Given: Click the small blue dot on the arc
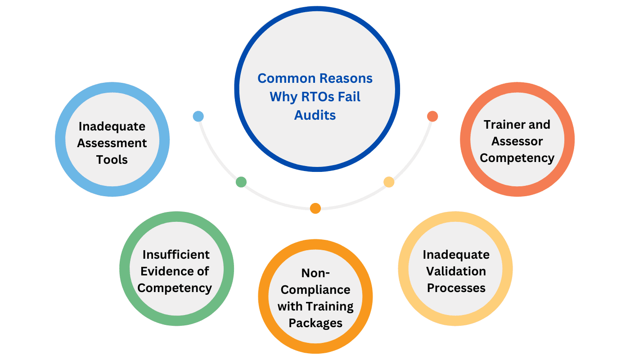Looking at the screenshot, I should (x=198, y=117).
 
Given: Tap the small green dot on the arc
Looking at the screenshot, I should (x=241, y=182).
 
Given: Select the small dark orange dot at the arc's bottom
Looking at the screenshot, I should (x=315, y=208).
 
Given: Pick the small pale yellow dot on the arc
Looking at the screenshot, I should (x=389, y=182).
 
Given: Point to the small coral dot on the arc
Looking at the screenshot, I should (x=432, y=117).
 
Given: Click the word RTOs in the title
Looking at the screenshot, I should (x=321, y=97).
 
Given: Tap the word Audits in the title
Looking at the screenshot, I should (x=315, y=115).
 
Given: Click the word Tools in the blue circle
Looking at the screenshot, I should (x=112, y=160).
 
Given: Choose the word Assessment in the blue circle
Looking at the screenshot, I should (x=112, y=143).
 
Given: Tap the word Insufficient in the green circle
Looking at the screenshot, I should (x=176, y=255).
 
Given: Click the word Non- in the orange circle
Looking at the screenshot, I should (x=315, y=273).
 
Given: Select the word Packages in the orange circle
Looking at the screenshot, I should (x=315, y=323).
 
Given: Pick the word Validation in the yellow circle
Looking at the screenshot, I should (x=456, y=271).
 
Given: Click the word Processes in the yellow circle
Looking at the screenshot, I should (x=456, y=288).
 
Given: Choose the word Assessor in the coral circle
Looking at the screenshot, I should (x=517, y=141).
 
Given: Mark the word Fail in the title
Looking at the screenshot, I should (x=348, y=97).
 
